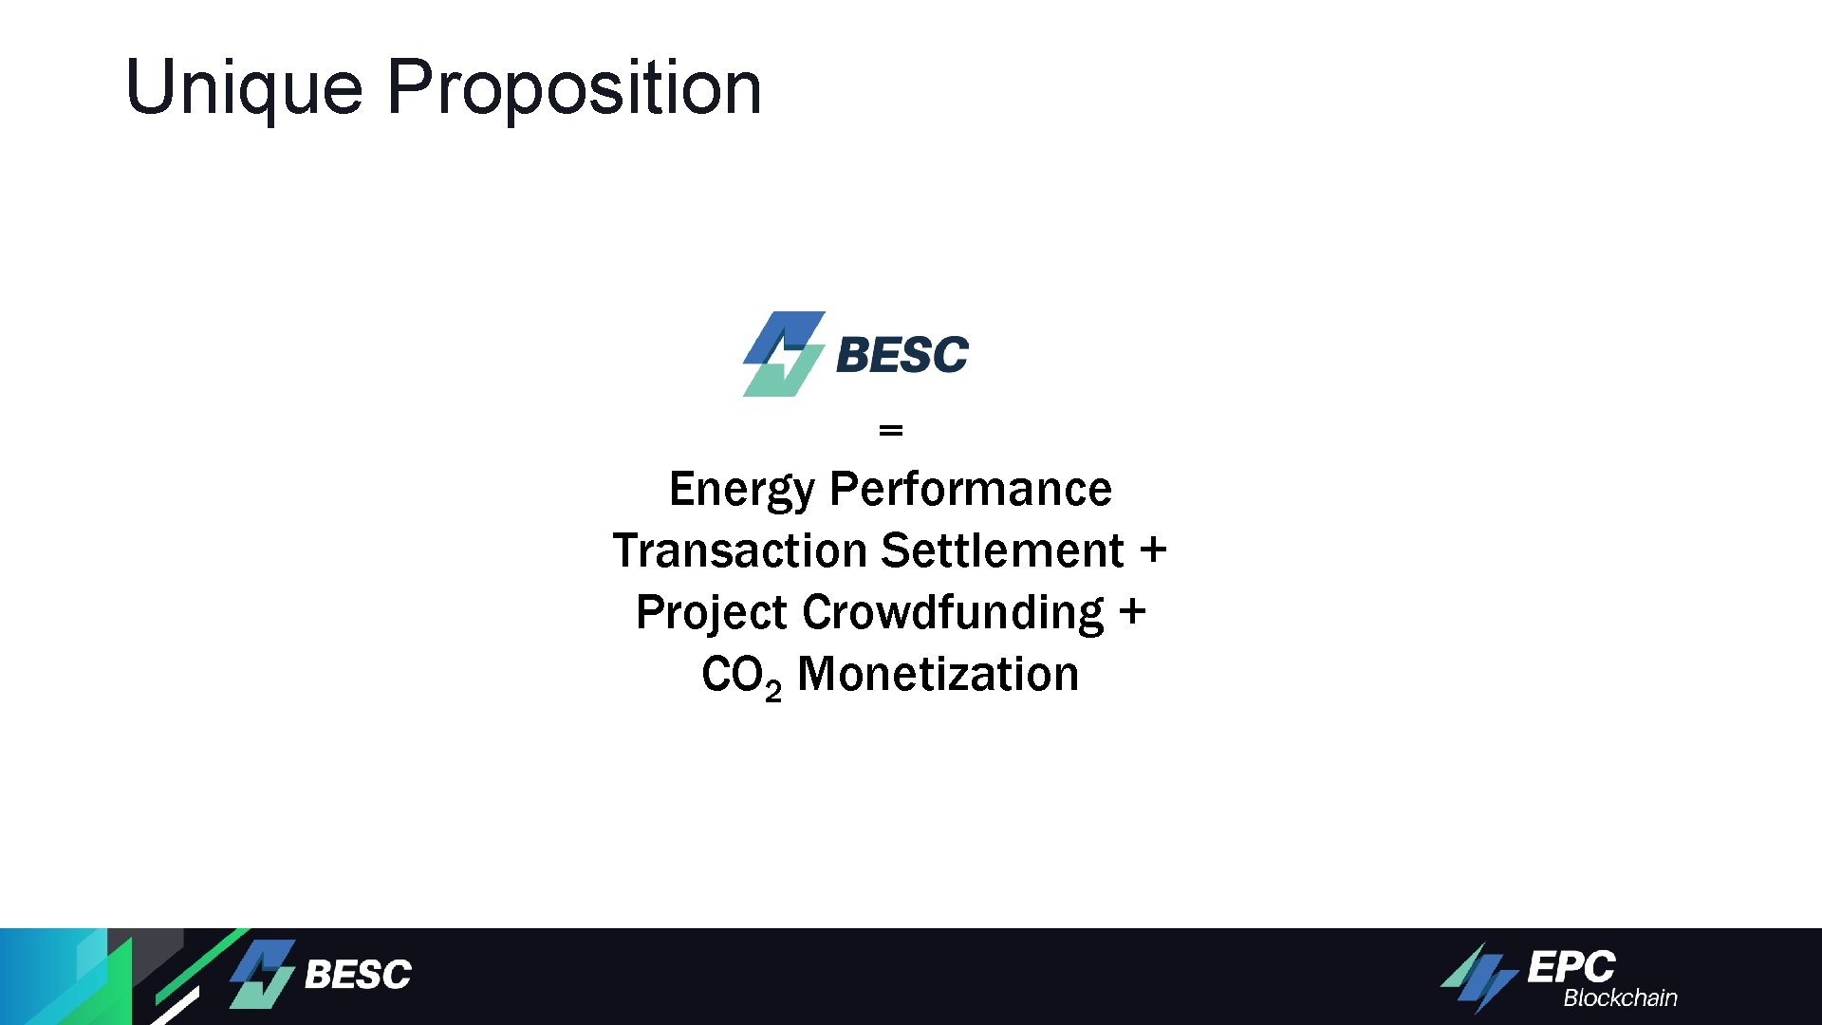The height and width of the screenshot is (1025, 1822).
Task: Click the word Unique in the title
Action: tap(244, 88)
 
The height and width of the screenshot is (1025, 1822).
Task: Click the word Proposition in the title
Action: tap(574, 88)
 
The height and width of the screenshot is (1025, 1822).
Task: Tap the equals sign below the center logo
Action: tap(890, 431)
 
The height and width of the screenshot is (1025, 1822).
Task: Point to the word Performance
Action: tap(970, 490)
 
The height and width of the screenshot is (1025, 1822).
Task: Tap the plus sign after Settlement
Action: tap(1153, 550)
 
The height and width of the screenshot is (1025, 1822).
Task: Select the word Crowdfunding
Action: tap(953, 613)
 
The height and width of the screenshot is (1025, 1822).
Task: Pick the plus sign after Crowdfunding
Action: tap(1132, 612)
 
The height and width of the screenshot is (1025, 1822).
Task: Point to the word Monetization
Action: tap(938, 675)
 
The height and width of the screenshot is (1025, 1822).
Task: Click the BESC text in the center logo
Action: tap(902, 355)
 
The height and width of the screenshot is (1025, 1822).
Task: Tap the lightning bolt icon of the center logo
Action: tap(783, 354)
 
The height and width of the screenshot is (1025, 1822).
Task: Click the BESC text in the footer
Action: tap(358, 975)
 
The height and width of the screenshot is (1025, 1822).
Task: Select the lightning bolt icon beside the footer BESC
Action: tap(263, 974)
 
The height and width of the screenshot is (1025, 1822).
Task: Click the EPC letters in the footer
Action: tap(1571, 967)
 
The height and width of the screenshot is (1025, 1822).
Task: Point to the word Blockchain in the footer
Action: tap(1620, 998)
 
